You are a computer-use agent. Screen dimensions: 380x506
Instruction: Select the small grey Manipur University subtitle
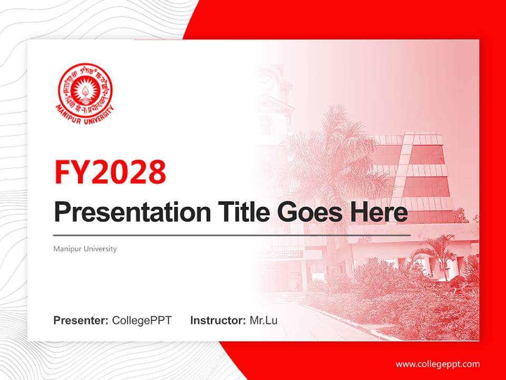pyautogui.click(x=85, y=249)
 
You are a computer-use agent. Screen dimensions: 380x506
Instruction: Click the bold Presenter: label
pyautogui.click(x=81, y=320)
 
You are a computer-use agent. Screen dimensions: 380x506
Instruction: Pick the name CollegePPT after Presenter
pyautogui.click(x=142, y=320)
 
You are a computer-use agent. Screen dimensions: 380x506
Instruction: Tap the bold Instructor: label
pyautogui.click(x=218, y=320)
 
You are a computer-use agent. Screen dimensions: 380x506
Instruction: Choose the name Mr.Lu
pyautogui.click(x=264, y=320)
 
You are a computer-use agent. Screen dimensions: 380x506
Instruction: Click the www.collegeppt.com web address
pyautogui.click(x=437, y=364)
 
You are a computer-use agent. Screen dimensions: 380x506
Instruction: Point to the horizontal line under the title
pyautogui.click(x=232, y=235)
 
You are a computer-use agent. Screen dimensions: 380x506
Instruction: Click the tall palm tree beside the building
pyautogui.click(x=337, y=153)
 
